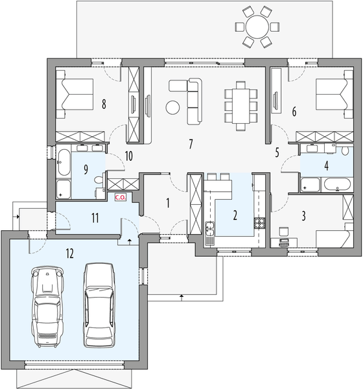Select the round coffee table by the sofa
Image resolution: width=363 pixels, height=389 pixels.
pyautogui.click(x=173, y=107)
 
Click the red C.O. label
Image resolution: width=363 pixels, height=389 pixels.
pyautogui.click(x=120, y=197)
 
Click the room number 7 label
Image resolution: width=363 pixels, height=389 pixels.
pyautogui.click(x=191, y=144)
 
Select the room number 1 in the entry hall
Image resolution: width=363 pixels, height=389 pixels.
pyautogui.click(x=167, y=203)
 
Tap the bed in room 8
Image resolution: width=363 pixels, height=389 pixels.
pyautogui.click(x=76, y=96)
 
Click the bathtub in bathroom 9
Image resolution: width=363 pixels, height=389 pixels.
pyautogui.click(x=64, y=163)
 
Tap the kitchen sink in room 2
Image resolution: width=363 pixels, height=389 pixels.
pyautogui.click(x=211, y=228)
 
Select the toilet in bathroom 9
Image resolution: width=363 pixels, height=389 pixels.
pyautogui.click(x=98, y=180)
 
